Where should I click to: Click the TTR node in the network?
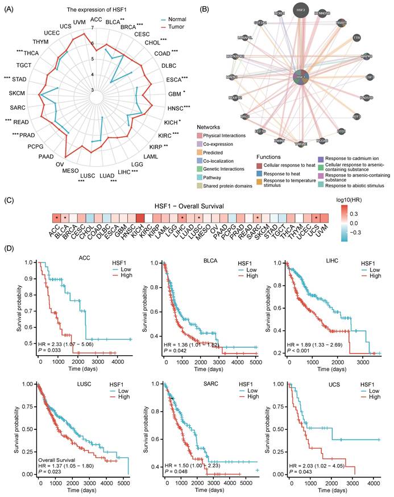356,37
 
